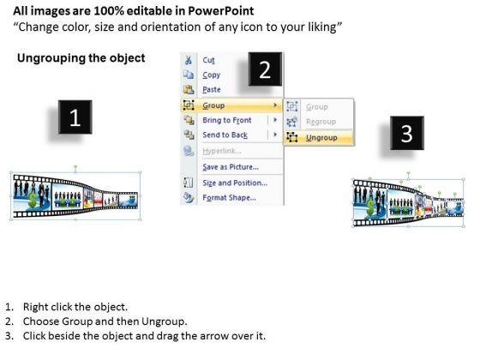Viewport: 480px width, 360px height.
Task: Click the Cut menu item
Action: coord(208,60)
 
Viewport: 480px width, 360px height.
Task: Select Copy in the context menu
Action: coord(211,75)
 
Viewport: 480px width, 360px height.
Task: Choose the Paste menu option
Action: coord(212,90)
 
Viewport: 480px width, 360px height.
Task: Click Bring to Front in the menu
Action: coord(227,120)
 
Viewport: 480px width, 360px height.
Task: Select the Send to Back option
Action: coord(225,135)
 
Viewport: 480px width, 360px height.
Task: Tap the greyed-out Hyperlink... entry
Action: coord(222,151)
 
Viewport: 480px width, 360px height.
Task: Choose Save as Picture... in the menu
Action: coord(231,167)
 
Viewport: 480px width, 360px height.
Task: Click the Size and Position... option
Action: coord(235,183)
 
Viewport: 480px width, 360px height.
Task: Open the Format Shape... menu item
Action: coord(230,198)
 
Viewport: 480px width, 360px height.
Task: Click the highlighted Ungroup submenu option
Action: coord(321,138)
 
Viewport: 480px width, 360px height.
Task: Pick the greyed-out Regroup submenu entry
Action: coord(321,122)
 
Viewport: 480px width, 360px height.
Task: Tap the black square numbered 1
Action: coord(75,117)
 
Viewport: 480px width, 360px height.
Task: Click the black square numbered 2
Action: coord(265,69)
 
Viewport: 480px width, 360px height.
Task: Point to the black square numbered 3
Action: coord(407,133)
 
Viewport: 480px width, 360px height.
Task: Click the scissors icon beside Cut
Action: coord(189,60)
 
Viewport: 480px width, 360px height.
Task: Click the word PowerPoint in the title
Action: coord(221,11)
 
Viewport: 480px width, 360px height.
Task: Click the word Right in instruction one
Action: coord(34,307)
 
